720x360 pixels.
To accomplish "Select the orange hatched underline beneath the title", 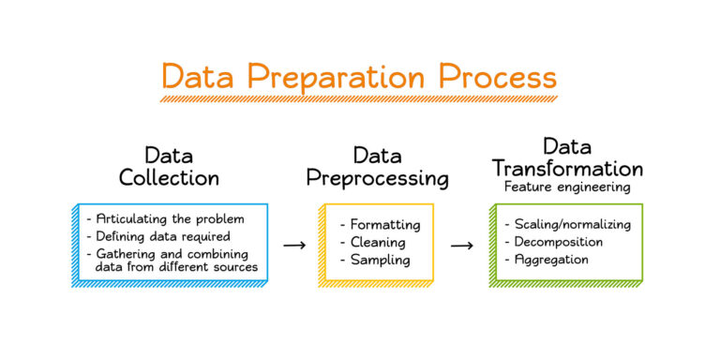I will [359, 97].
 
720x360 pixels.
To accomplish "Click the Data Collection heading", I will [169, 166].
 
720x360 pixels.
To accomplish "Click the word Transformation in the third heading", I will [568, 169].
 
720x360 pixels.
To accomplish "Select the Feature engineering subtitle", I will [567, 187].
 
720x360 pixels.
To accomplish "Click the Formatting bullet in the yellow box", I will [380, 225].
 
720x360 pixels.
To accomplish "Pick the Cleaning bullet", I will [374, 242].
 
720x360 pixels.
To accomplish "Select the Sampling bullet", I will [375, 259].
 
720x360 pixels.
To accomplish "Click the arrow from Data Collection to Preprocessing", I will [294, 245].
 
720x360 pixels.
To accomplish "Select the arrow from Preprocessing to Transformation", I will [461, 245].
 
